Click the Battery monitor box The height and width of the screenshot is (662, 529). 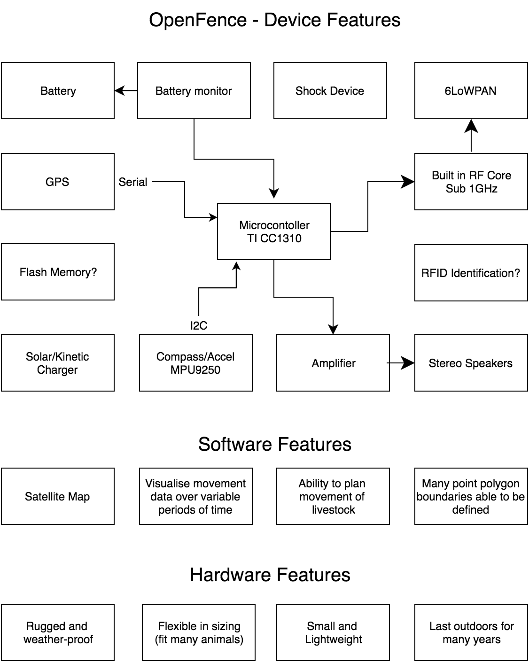[x=194, y=91]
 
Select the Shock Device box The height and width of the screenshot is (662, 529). [x=330, y=91]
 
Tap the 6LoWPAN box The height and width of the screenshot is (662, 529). [x=471, y=91]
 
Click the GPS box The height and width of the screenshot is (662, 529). [x=57, y=182]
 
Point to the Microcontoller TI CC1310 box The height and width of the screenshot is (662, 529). [x=274, y=231]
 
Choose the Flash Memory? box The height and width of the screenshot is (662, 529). [x=57, y=272]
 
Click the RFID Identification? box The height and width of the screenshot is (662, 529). [x=471, y=273]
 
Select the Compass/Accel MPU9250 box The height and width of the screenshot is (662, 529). [x=195, y=363]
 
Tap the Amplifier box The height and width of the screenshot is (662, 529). [x=333, y=363]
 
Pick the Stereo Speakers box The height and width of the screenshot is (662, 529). [x=471, y=363]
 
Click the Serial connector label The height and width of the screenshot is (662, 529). [x=133, y=182]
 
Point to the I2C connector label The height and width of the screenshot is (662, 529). [x=199, y=326]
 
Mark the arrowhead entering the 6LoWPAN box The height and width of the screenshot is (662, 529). [x=471, y=124]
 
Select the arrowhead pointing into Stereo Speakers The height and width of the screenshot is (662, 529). [x=409, y=363]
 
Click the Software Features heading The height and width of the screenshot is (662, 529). [x=274, y=444]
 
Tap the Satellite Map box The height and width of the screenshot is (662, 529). [x=57, y=496]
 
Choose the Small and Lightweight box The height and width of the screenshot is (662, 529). [x=333, y=632]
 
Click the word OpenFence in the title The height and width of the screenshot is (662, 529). [x=197, y=20]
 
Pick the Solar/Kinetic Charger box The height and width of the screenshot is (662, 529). [x=57, y=363]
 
